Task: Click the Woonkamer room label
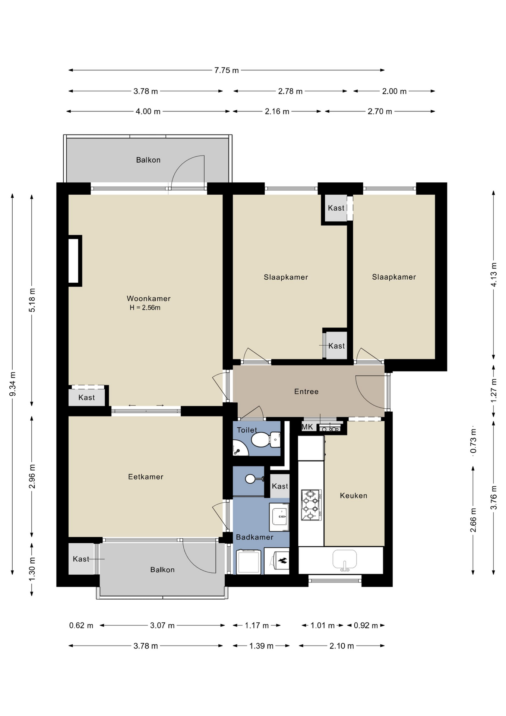(149, 298)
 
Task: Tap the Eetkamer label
(146, 477)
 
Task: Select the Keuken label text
(354, 496)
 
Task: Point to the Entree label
(306, 392)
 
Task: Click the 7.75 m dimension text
(227, 70)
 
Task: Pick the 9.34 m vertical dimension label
(12, 384)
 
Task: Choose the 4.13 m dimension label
(494, 274)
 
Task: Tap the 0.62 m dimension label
(81, 625)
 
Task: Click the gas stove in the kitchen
(311, 505)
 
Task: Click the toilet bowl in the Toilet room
(266, 440)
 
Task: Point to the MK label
(307, 427)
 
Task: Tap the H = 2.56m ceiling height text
(145, 308)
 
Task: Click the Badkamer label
(254, 537)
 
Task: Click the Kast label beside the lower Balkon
(81, 559)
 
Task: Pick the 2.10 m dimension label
(341, 646)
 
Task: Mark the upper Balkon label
(148, 160)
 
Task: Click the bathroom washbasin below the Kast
(279, 517)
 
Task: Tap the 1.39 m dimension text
(261, 646)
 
